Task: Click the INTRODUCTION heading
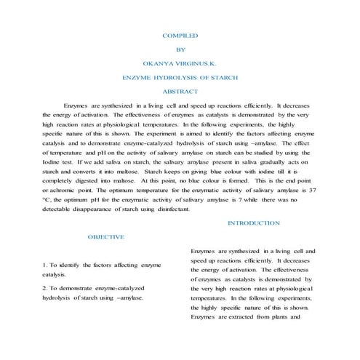[254, 223]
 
